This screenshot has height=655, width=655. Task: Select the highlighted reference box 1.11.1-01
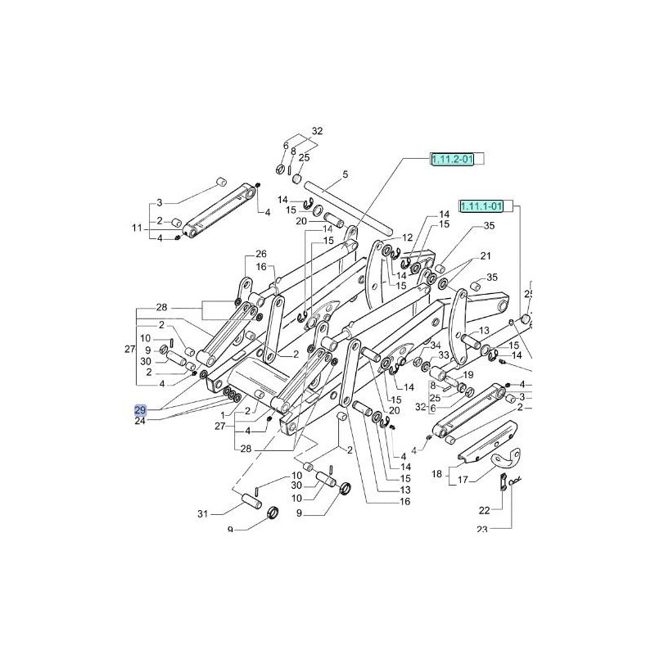[x=486, y=205]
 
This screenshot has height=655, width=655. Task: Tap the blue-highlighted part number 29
[x=139, y=409]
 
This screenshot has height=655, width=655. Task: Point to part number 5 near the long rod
[x=345, y=174]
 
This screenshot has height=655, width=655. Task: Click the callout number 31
[x=203, y=514]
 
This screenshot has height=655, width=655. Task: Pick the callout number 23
[x=481, y=530]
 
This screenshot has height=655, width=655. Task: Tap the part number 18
[x=436, y=474]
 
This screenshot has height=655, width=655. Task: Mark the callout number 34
[x=436, y=345]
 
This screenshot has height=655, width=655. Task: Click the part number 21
[x=486, y=255]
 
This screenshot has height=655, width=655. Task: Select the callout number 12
[x=407, y=237]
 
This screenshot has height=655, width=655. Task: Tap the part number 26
[x=261, y=253]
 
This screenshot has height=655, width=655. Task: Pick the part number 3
[x=160, y=202]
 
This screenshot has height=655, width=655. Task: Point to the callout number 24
[x=139, y=422]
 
